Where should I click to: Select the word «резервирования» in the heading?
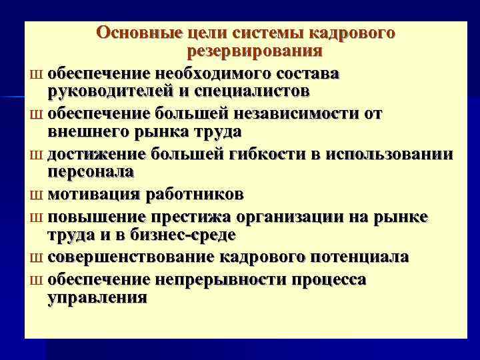click(x=255, y=51)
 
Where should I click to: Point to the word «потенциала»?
click(x=353, y=257)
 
